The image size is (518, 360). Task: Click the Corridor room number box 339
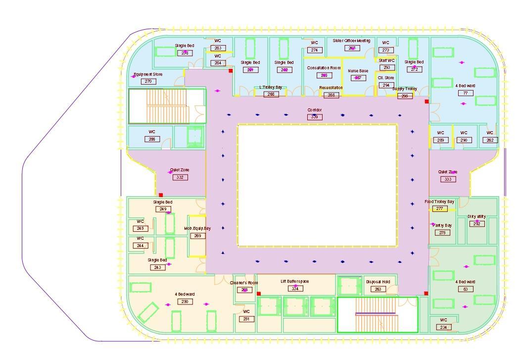(315, 117)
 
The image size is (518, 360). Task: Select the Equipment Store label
(148, 75)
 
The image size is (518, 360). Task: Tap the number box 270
(148, 82)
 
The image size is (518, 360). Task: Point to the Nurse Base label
(358, 71)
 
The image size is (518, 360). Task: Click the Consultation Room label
(324, 68)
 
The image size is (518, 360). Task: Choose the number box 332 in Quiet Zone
(180, 177)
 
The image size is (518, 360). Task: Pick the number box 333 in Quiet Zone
(448, 179)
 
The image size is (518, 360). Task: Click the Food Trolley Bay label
(439, 202)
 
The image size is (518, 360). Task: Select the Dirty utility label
(476, 217)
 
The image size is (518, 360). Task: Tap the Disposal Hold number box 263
(378, 289)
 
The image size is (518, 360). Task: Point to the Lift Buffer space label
(295, 281)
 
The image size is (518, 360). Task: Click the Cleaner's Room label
(244, 283)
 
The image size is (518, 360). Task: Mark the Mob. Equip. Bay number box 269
(197, 236)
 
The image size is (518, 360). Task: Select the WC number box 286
(152, 139)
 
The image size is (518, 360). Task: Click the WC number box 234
(443, 327)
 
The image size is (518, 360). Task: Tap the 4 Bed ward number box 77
(465, 93)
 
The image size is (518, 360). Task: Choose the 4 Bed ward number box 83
(465, 289)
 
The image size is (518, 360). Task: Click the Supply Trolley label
(405, 89)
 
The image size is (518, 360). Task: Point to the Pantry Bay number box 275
(442, 233)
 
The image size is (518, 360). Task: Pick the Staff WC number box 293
(386, 68)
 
